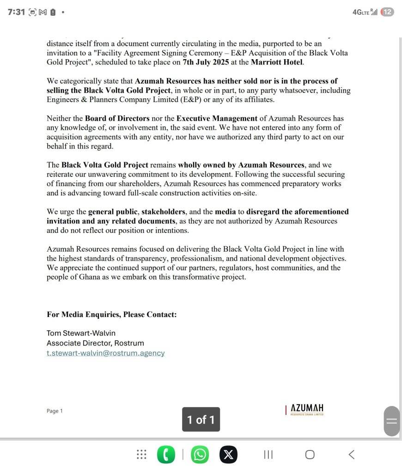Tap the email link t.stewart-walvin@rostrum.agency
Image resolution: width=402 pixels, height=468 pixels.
click(x=105, y=353)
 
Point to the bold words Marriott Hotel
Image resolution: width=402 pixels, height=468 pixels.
click(x=277, y=62)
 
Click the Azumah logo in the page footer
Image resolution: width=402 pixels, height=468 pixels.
click(x=305, y=410)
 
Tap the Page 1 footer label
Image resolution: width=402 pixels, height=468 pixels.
click(x=55, y=411)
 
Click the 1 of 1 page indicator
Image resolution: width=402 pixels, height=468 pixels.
click(x=201, y=419)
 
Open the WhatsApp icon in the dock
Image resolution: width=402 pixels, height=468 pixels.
click(x=200, y=455)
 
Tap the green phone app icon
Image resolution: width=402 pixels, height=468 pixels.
click(x=166, y=455)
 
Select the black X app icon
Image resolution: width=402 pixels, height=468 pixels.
click(x=228, y=455)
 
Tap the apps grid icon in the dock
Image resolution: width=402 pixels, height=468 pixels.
click(x=142, y=455)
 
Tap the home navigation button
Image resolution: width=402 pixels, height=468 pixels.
click(x=310, y=455)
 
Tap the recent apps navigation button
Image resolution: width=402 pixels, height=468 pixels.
click(x=268, y=455)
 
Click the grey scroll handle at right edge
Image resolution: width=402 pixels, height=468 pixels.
click(x=391, y=421)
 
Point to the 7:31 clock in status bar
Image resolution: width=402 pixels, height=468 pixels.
click(x=16, y=12)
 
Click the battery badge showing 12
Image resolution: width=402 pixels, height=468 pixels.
click(x=387, y=12)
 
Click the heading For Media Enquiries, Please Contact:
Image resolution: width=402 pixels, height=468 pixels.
click(x=111, y=315)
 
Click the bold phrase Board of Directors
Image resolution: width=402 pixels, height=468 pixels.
click(x=117, y=118)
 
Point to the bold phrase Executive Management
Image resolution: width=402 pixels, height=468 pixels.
click(x=214, y=118)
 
